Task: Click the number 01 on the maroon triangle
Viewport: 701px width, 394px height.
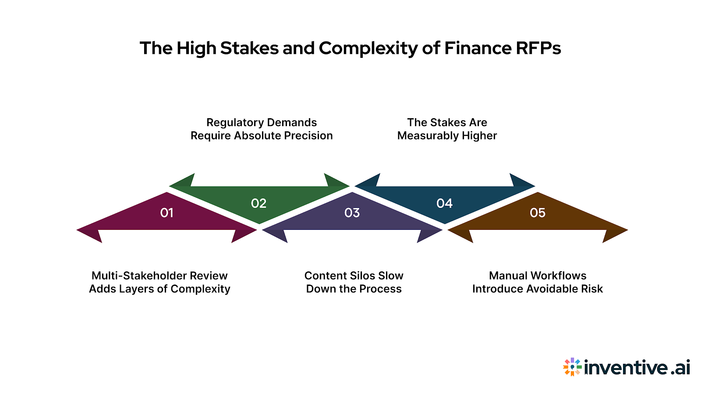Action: tap(167, 213)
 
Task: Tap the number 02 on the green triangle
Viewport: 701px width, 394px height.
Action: tap(258, 204)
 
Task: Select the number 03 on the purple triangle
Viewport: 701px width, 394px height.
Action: tap(352, 213)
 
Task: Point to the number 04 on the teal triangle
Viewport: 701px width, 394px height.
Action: tap(444, 204)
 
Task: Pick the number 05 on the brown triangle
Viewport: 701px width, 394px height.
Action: tap(538, 213)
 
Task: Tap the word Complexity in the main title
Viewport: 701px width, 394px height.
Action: tap(368, 48)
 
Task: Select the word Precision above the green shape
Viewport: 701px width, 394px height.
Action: tap(308, 136)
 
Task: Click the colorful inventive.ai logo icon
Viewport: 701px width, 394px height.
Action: tap(572, 367)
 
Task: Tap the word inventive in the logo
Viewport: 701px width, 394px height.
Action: tap(626, 367)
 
